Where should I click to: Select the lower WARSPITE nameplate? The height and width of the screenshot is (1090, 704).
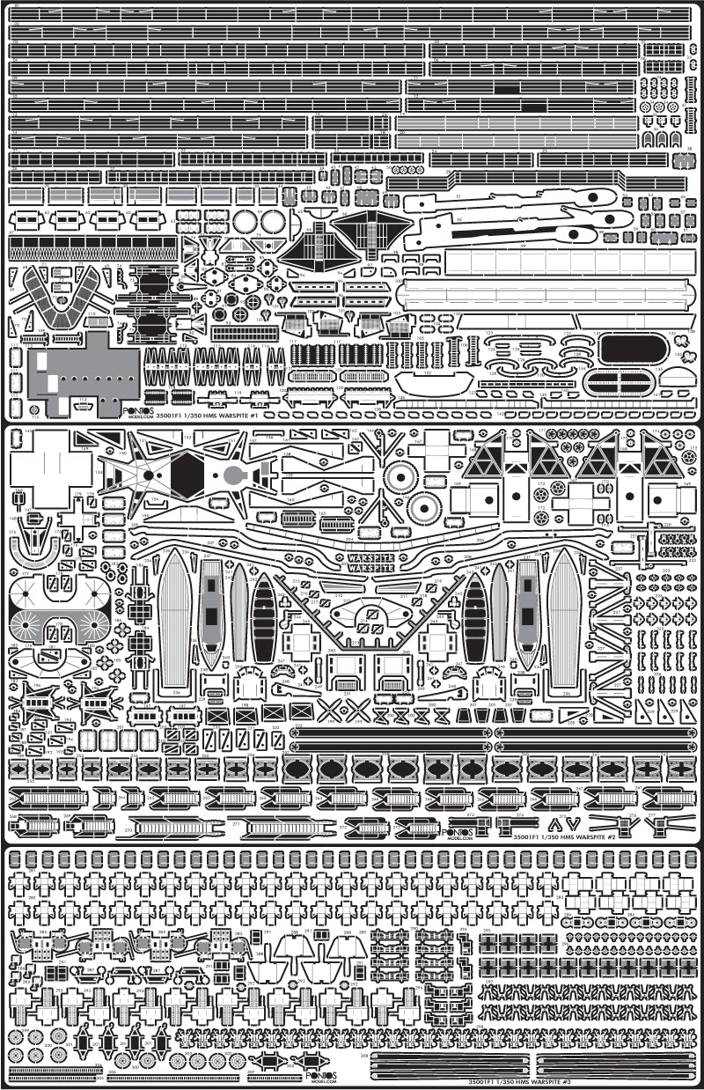372,569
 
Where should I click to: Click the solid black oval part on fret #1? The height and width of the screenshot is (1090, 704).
633,350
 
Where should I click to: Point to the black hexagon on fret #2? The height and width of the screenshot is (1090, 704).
187,476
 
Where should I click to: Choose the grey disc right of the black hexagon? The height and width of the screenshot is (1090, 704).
233,476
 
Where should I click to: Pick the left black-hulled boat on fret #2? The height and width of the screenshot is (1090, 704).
263,617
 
